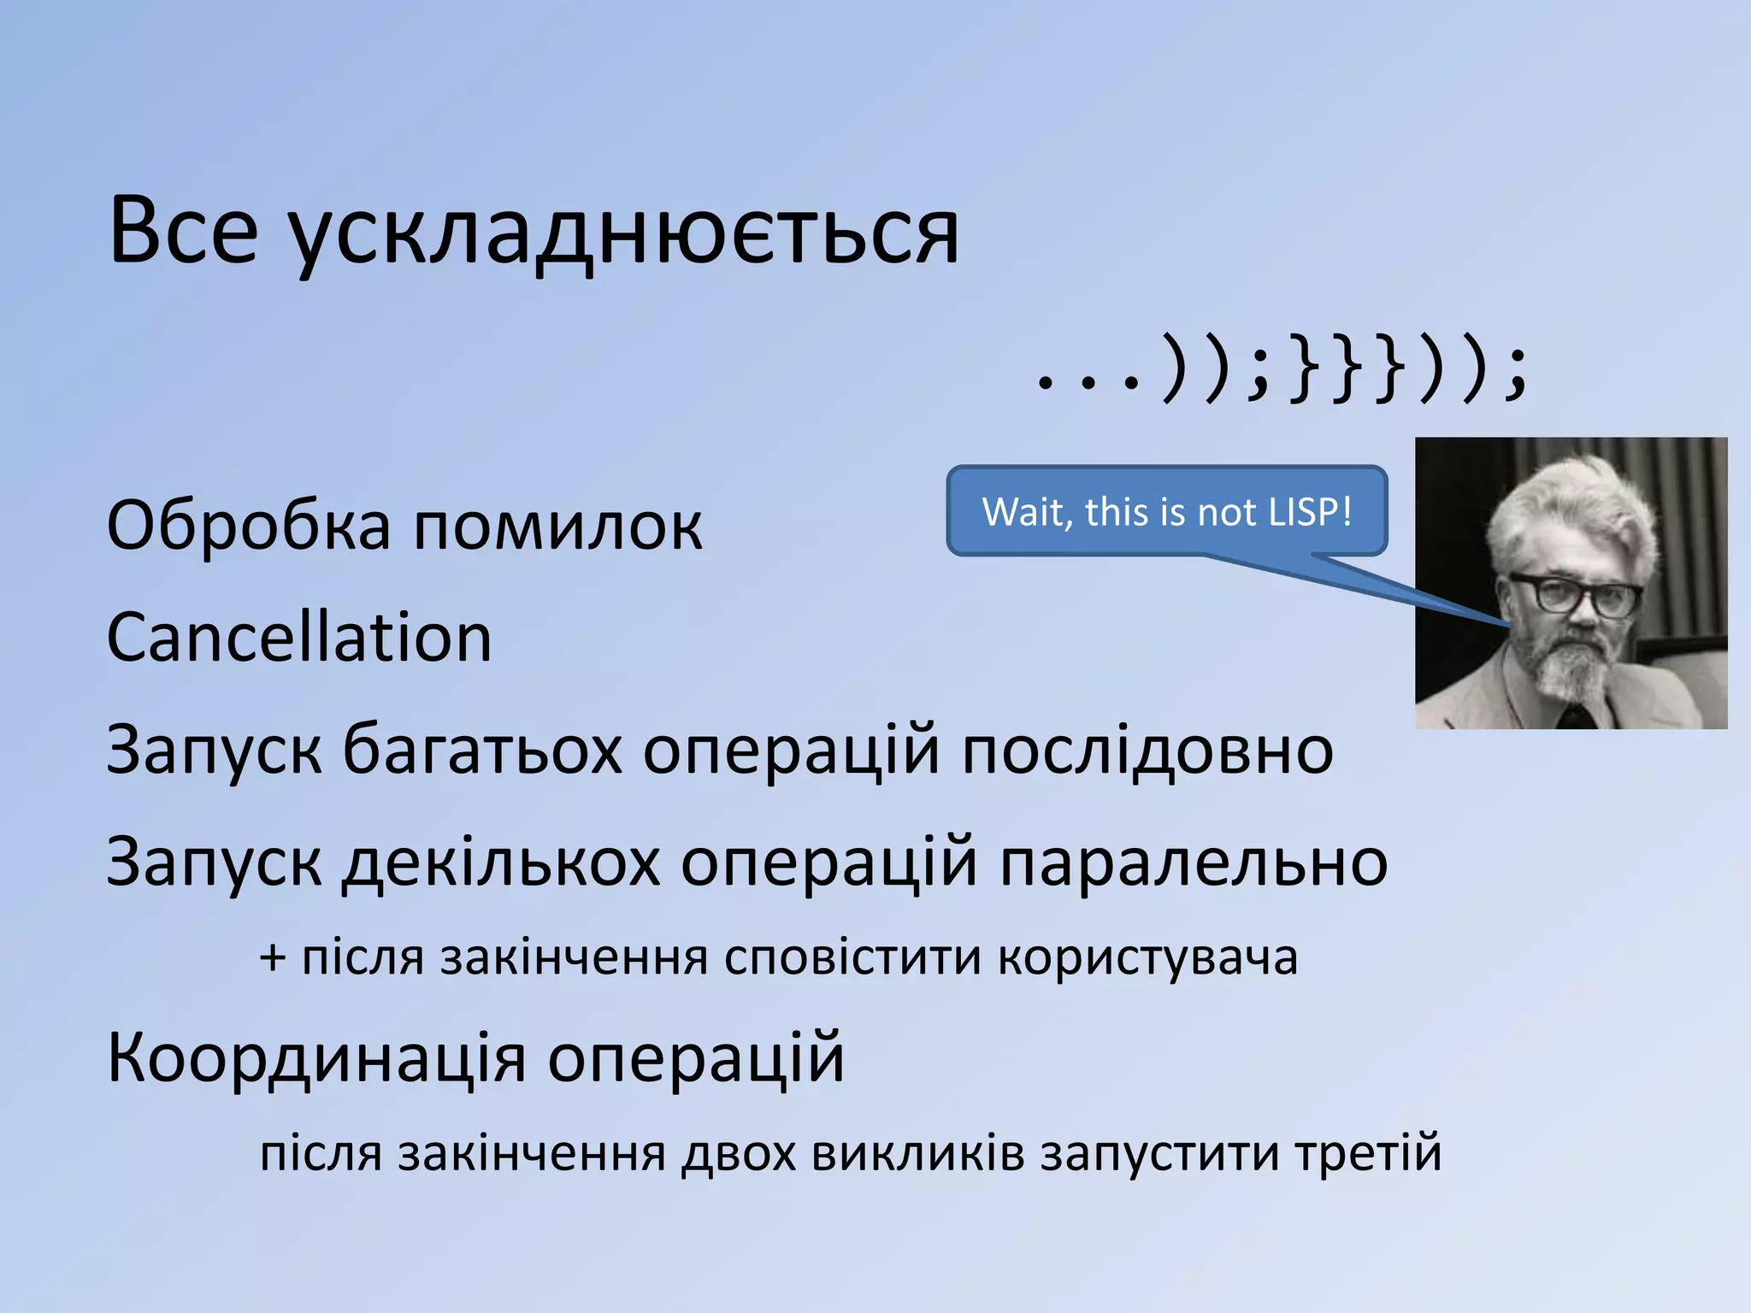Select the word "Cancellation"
[299, 638]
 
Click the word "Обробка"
[248, 524]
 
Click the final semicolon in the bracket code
[1515, 374]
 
